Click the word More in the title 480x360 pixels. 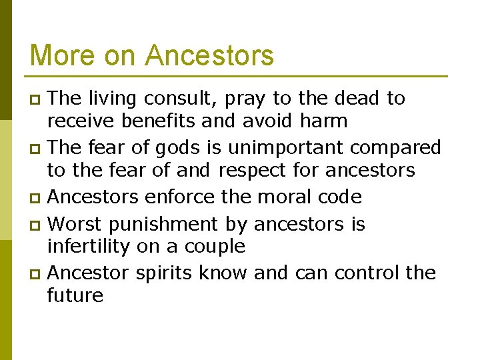(60, 55)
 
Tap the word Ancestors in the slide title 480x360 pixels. (209, 55)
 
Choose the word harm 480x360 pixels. (323, 121)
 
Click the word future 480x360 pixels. (75, 296)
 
